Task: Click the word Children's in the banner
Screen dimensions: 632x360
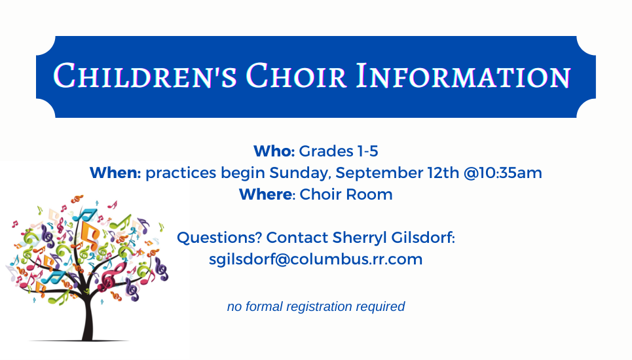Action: pos(145,76)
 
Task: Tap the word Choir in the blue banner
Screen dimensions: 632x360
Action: pos(296,76)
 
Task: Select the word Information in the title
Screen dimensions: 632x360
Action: pos(464,76)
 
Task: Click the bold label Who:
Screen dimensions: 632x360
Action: pos(274,151)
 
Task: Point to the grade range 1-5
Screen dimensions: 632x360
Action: pos(367,151)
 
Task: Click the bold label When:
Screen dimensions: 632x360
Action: pos(115,173)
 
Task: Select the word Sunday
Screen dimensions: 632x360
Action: pos(300,173)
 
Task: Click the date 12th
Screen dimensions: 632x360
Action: pos(443,173)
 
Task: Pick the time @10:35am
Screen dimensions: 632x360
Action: pos(502,173)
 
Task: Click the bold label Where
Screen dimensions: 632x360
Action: pos(265,194)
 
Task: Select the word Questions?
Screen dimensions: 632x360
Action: pos(219,238)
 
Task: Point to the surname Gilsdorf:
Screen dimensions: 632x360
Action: pos(423,238)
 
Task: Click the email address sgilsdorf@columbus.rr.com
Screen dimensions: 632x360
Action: pos(316,259)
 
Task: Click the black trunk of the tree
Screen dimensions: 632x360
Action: pos(88,314)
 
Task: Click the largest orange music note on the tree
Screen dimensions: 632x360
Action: pos(90,234)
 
